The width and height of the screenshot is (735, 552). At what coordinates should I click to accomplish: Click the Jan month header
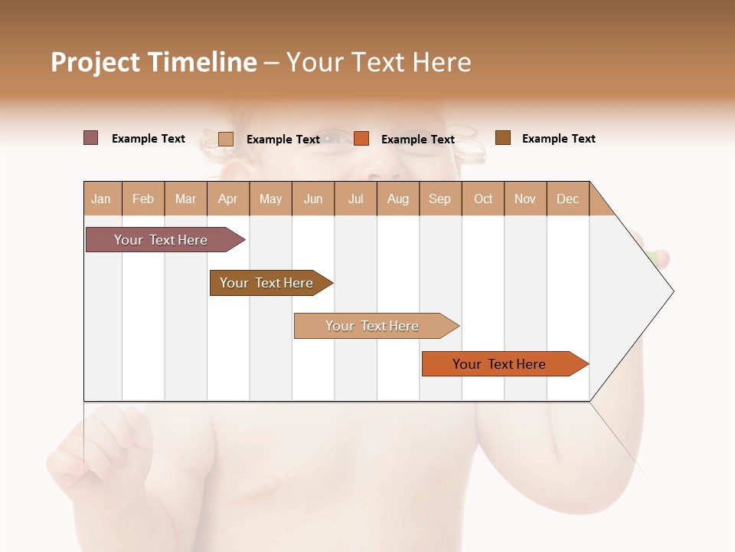pos(102,199)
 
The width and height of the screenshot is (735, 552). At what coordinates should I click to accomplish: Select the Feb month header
pos(143,199)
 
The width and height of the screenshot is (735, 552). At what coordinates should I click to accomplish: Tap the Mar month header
pos(185,199)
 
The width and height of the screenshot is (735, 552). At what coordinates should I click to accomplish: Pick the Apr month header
pos(228,199)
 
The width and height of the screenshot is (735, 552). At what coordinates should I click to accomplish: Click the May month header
pos(270,199)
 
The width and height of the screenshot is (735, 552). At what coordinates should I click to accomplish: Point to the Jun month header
pos(313,199)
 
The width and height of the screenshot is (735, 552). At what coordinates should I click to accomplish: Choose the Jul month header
pos(355,199)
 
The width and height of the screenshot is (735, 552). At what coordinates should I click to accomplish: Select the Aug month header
pos(398,199)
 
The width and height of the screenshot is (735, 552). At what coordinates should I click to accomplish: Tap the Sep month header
pos(440,199)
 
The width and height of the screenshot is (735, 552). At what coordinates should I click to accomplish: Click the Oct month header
pos(483,199)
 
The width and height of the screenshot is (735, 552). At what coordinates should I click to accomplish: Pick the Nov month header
pos(525,199)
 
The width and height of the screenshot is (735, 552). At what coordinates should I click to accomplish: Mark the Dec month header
pos(568,199)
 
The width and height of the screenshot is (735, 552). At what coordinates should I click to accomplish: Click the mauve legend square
pos(91,138)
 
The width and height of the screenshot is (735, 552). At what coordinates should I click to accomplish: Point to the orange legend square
pos(361,138)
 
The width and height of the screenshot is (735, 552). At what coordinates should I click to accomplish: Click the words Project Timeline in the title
pos(153,62)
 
